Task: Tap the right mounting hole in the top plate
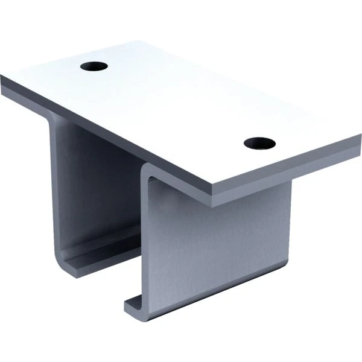pyautogui.click(x=260, y=143)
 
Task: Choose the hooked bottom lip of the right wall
pyautogui.click(x=136, y=305)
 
